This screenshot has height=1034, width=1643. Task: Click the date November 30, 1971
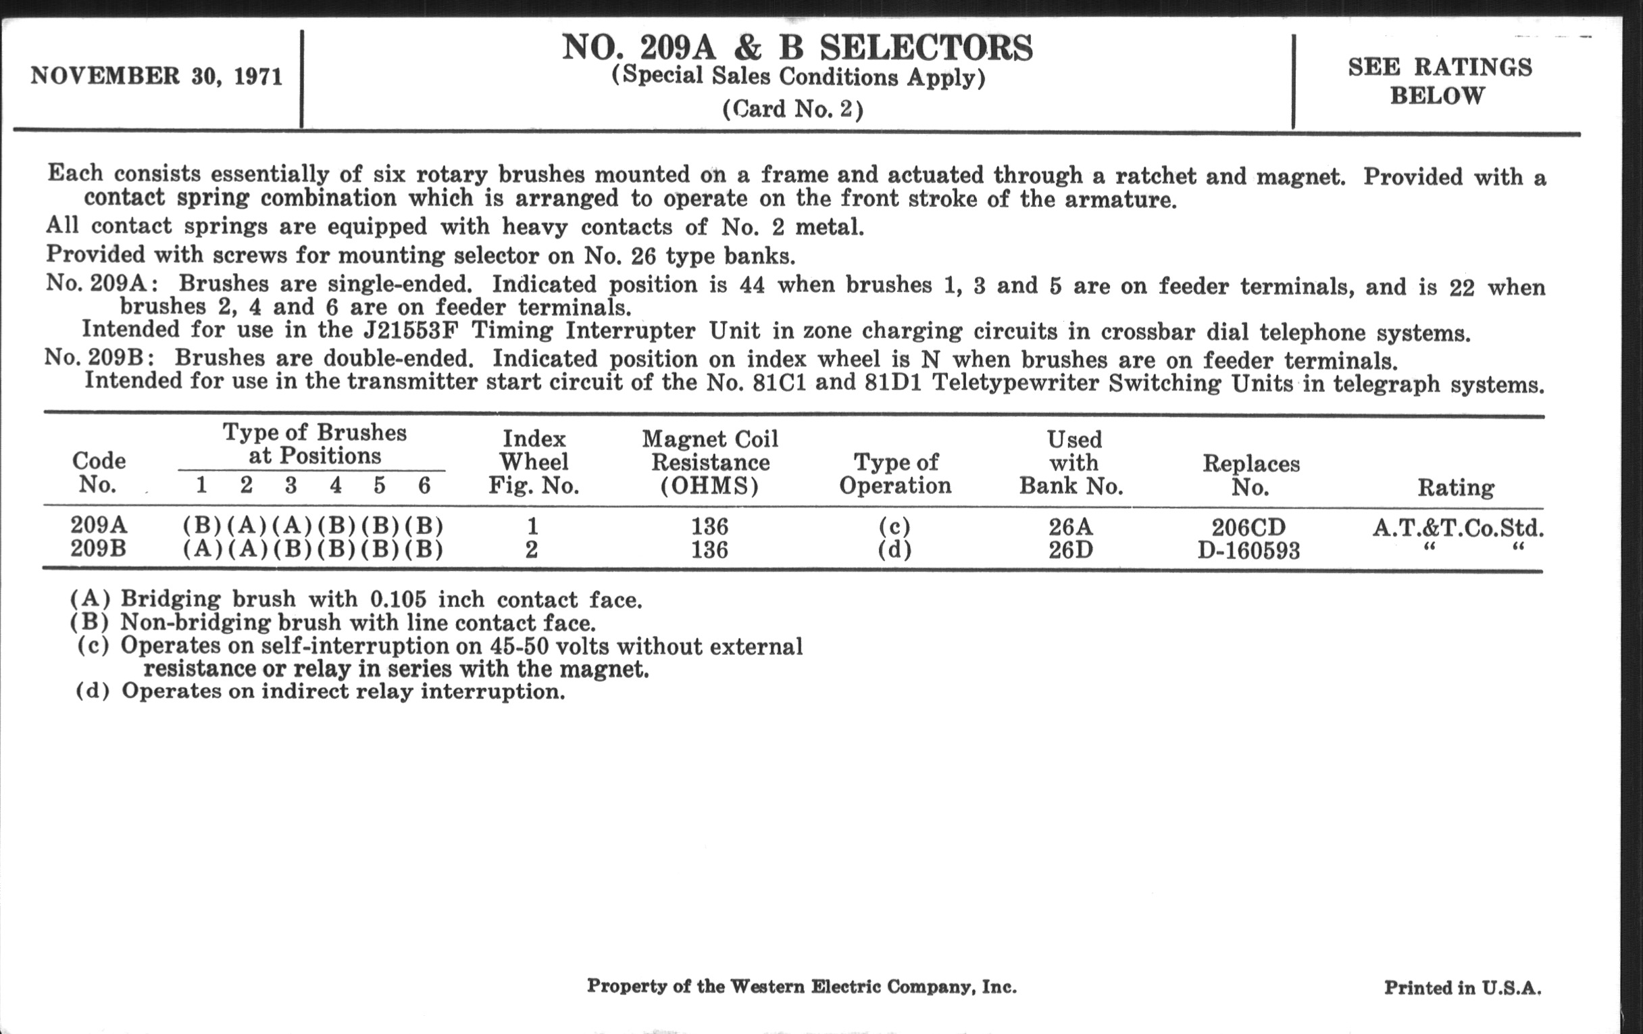click(156, 76)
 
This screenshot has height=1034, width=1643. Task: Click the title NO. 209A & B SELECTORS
click(797, 48)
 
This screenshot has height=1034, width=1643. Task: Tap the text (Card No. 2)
click(793, 109)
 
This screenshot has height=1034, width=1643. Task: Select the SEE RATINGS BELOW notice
click(1440, 80)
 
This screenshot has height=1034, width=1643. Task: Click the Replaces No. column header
click(1250, 475)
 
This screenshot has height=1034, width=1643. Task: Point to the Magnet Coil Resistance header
click(709, 462)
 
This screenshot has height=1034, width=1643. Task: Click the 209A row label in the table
click(98, 526)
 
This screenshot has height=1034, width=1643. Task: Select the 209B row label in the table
click(98, 549)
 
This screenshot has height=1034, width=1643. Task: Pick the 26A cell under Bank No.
click(1071, 526)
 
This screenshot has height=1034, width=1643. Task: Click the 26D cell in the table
click(1071, 549)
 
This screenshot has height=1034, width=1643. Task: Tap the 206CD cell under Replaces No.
click(1248, 527)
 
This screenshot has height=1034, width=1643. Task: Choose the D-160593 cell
click(1248, 550)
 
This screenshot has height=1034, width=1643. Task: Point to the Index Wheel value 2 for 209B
click(532, 549)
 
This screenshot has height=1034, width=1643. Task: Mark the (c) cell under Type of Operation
click(894, 526)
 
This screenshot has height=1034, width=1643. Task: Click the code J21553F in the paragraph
click(410, 330)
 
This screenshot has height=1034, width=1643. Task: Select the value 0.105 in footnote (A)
click(398, 599)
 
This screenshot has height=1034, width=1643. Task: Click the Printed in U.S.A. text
click(1462, 987)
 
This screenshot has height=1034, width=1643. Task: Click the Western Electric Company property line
click(801, 986)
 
